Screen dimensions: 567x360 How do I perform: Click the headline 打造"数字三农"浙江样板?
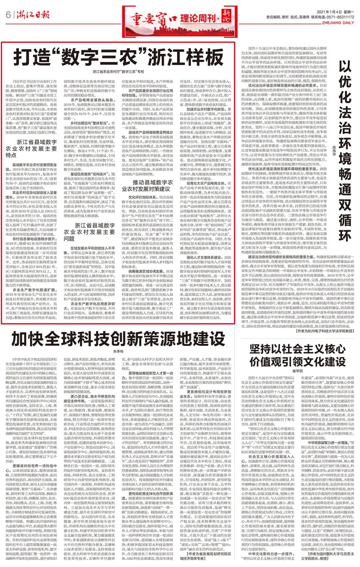pos(118,57)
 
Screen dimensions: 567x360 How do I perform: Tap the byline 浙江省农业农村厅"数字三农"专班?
pos(118,72)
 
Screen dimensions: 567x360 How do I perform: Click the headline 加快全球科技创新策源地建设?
pos(118,340)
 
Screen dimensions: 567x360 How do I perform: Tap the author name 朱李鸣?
pos(118,351)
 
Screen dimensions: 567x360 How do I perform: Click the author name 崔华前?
pos(298,370)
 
